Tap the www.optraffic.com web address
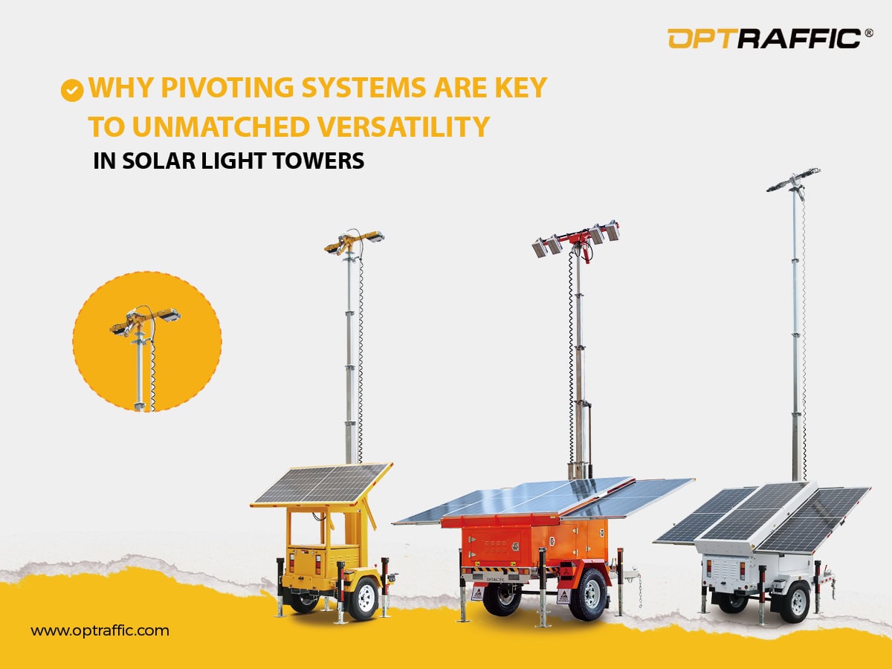(100, 631)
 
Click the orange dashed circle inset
(146, 341)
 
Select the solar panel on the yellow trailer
(321, 483)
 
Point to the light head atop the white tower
(793, 178)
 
